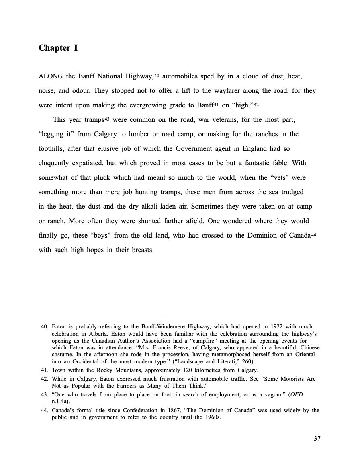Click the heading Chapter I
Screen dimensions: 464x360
pos(58,48)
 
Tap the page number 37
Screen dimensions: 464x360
pos(317,438)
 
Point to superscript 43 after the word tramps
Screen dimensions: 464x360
pos(107,118)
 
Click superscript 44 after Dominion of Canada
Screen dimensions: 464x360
pos(314,234)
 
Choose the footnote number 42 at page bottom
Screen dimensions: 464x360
pos(45,379)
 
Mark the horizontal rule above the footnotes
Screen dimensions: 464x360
pos(102,316)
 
